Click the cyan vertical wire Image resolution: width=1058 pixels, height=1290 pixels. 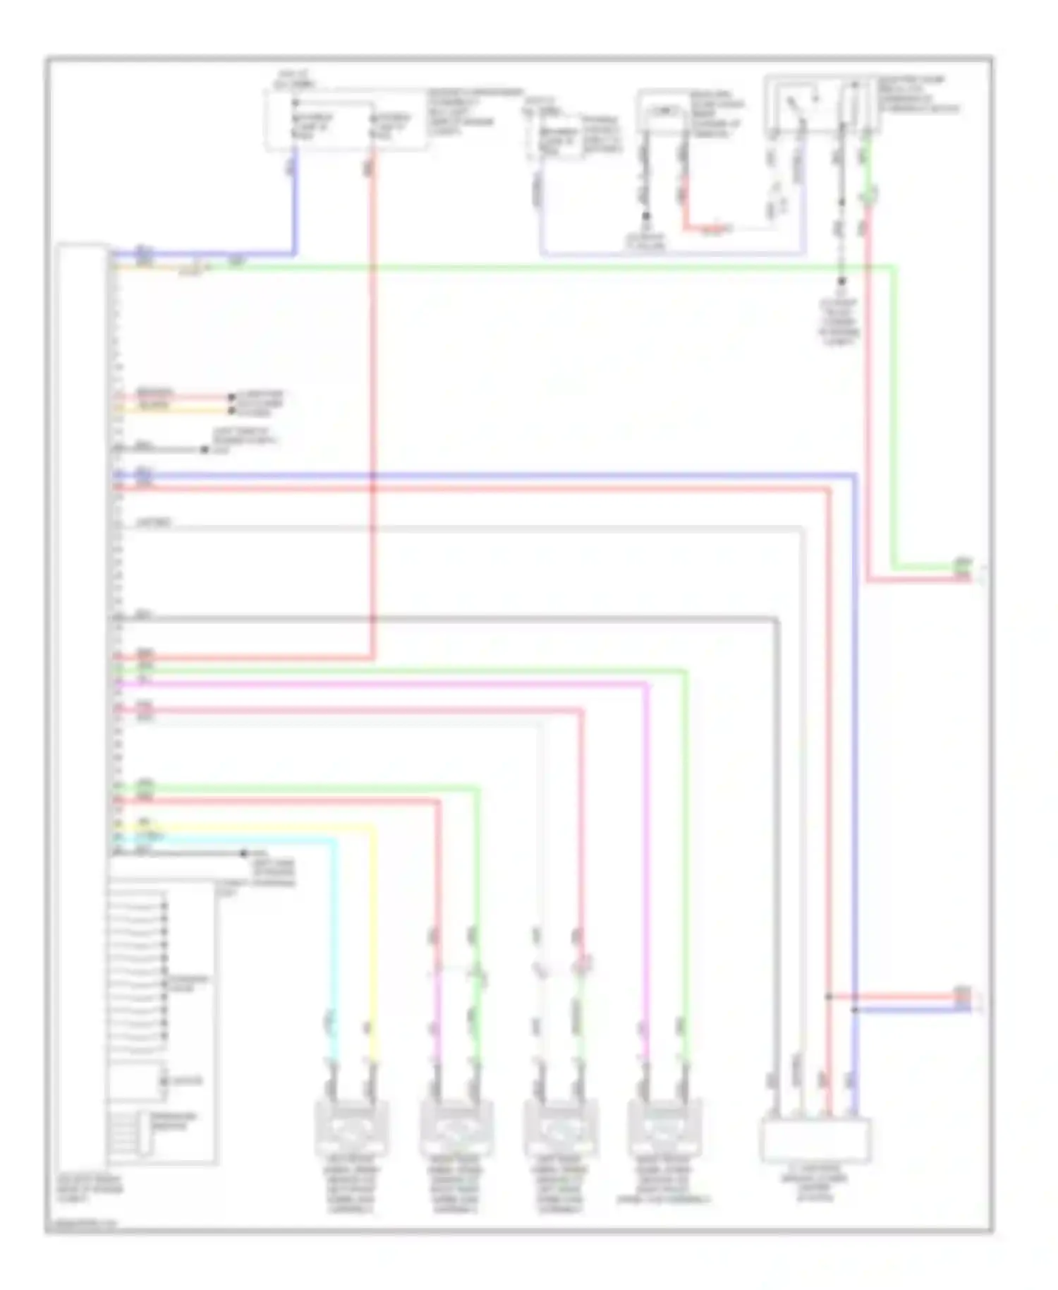[334, 946]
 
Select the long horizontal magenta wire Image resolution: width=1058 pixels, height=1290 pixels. [381, 682]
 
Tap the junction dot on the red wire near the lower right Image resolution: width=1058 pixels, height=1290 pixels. [829, 996]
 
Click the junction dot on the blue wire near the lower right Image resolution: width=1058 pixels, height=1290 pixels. [854, 1010]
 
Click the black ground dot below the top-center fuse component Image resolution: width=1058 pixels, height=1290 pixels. [645, 217]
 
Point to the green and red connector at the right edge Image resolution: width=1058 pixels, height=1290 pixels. [963, 570]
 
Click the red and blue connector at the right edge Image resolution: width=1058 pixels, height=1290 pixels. [963, 1001]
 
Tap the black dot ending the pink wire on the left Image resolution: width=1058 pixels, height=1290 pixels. [231, 397]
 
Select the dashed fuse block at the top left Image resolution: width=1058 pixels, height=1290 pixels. [346, 120]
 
